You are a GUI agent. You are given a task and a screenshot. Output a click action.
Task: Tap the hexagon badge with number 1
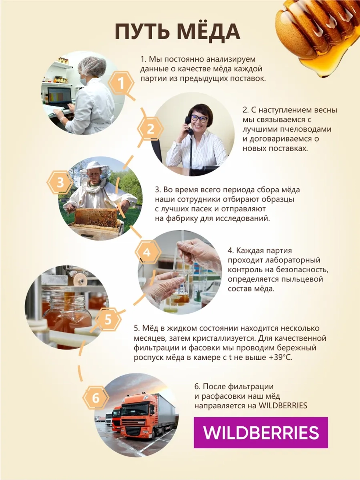coord(121,84)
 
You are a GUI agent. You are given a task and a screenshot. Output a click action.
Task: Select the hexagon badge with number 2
coord(150,129)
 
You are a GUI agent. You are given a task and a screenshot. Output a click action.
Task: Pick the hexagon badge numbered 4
coord(147,252)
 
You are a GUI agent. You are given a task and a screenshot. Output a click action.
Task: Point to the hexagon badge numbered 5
coord(108,319)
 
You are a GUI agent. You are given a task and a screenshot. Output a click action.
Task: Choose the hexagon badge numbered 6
coord(95,398)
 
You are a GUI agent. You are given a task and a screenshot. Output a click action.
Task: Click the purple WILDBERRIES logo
coord(261,432)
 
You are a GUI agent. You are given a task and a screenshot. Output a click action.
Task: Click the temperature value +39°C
coord(280,358)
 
